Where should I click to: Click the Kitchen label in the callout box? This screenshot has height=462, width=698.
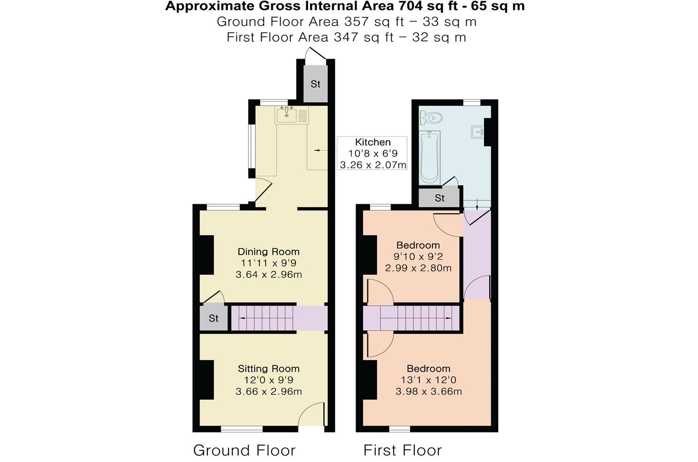(372, 142)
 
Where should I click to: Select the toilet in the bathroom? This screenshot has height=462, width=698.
(432, 116)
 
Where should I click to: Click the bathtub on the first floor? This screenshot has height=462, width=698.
(429, 157)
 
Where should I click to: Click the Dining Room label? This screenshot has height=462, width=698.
(268, 252)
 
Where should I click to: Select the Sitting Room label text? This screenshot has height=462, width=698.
(268, 369)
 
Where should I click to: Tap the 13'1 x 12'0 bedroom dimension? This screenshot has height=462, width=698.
(428, 380)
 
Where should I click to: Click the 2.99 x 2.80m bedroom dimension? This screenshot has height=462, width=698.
(418, 269)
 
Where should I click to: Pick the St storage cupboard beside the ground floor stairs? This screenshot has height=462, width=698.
(213, 318)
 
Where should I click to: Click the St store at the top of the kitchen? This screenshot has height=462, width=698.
(315, 84)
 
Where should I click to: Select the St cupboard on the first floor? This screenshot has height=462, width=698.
(439, 198)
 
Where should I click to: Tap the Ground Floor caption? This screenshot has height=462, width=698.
(244, 450)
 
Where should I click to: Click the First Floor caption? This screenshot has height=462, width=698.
(402, 450)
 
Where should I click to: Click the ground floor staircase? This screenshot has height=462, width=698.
(263, 318)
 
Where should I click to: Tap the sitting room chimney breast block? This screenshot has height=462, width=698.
(207, 379)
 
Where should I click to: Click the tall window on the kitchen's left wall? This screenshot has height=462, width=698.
(251, 147)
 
